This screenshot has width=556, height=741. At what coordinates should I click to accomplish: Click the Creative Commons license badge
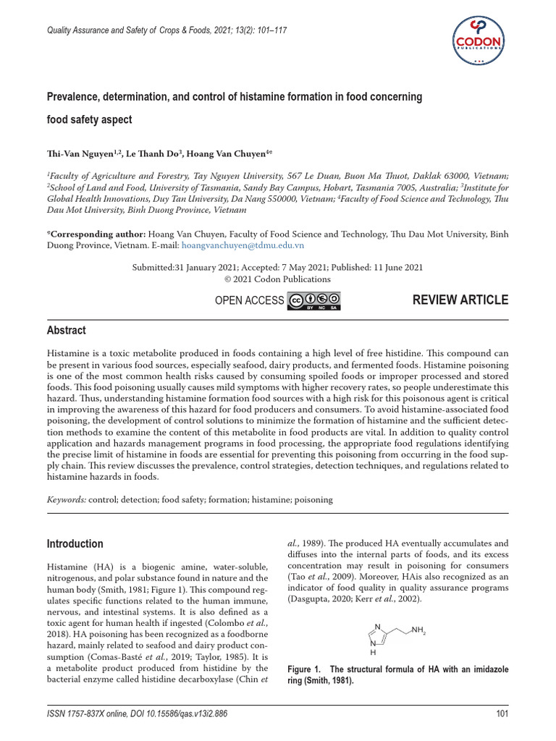point(314,301)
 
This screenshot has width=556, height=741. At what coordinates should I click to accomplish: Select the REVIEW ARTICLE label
point(460,300)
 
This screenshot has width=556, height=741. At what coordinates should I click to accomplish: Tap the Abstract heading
point(66,330)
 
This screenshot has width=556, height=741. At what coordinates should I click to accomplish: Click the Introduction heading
point(75,543)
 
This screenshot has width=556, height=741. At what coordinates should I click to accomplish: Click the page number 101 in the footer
point(502,714)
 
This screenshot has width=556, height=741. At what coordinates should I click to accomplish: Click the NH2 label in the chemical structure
point(418,631)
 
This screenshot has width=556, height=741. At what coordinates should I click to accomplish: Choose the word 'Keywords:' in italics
point(67,499)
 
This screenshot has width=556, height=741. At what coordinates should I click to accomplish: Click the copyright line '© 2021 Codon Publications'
point(277,279)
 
